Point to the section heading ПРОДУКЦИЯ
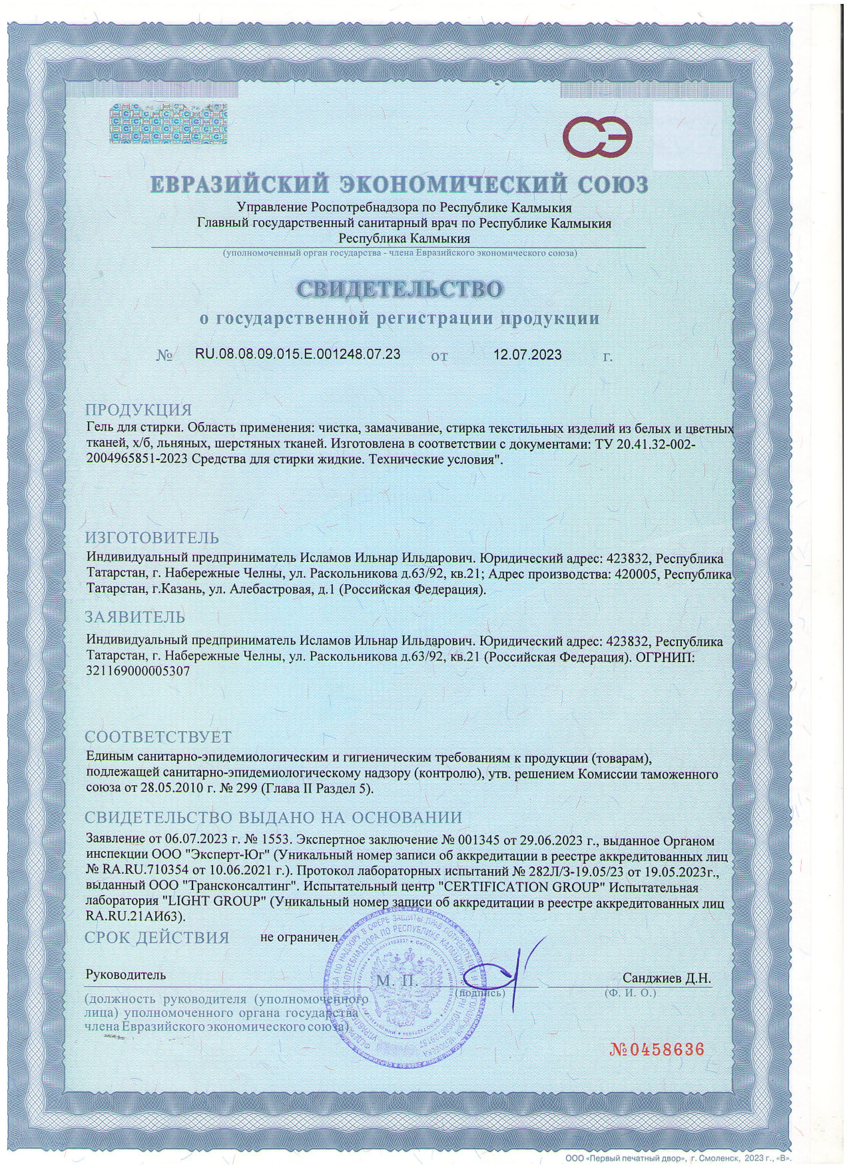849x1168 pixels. tap(139, 410)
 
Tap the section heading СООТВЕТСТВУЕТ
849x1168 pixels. tap(158, 736)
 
